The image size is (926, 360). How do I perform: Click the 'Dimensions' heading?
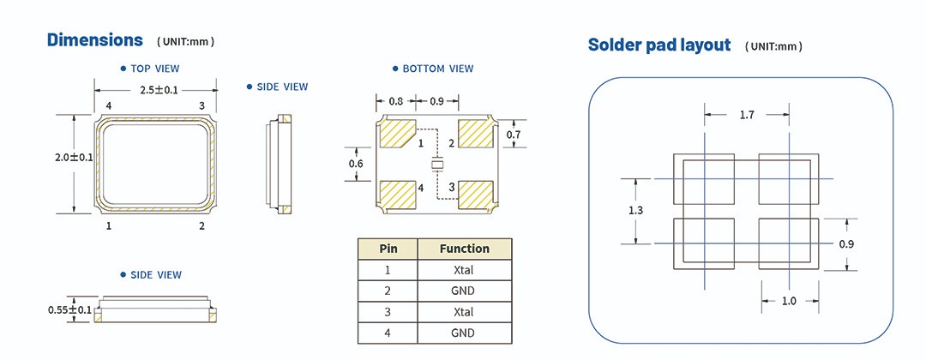pyautogui.click(x=94, y=40)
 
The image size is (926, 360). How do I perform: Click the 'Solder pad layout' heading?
pyautogui.click(x=658, y=45)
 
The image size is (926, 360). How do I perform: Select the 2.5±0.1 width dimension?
pyautogui.click(x=154, y=89)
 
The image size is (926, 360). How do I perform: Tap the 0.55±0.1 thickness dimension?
pyautogui.click(x=69, y=309)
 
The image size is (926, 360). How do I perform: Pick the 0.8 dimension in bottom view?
pyautogui.click(x=396, y=101)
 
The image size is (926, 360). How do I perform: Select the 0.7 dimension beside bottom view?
pyautogui.click(x=514, y=135)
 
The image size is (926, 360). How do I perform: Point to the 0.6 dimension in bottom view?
pyautogui.click(x=356, y=164)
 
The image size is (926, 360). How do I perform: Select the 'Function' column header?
pyautogui.click(x=464, y=249)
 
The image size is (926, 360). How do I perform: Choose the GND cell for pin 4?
pyautogui.click(x=464, y=333)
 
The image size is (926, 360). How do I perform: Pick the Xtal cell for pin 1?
pyautogui.click(x=464, y=270)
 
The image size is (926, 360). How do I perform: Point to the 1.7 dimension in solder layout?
pyautogui.click(x=746, y=115)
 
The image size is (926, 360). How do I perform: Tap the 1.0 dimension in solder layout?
pyautogui.click(x=789, y=300)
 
